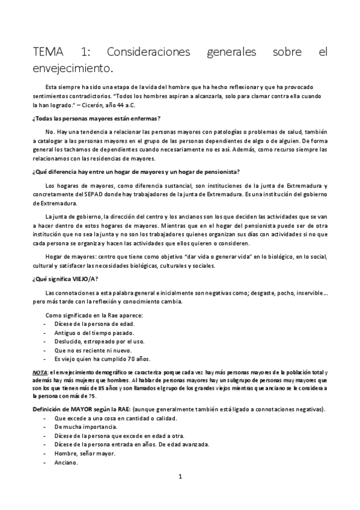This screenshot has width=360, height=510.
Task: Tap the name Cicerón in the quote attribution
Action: [132, 105]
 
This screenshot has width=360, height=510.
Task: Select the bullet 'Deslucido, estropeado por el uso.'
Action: [99, 341]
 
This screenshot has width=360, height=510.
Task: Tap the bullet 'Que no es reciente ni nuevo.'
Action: [92, 350]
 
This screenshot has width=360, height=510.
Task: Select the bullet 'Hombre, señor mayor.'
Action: [84, 453]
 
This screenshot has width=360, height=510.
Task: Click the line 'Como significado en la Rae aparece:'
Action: [94, 315]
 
